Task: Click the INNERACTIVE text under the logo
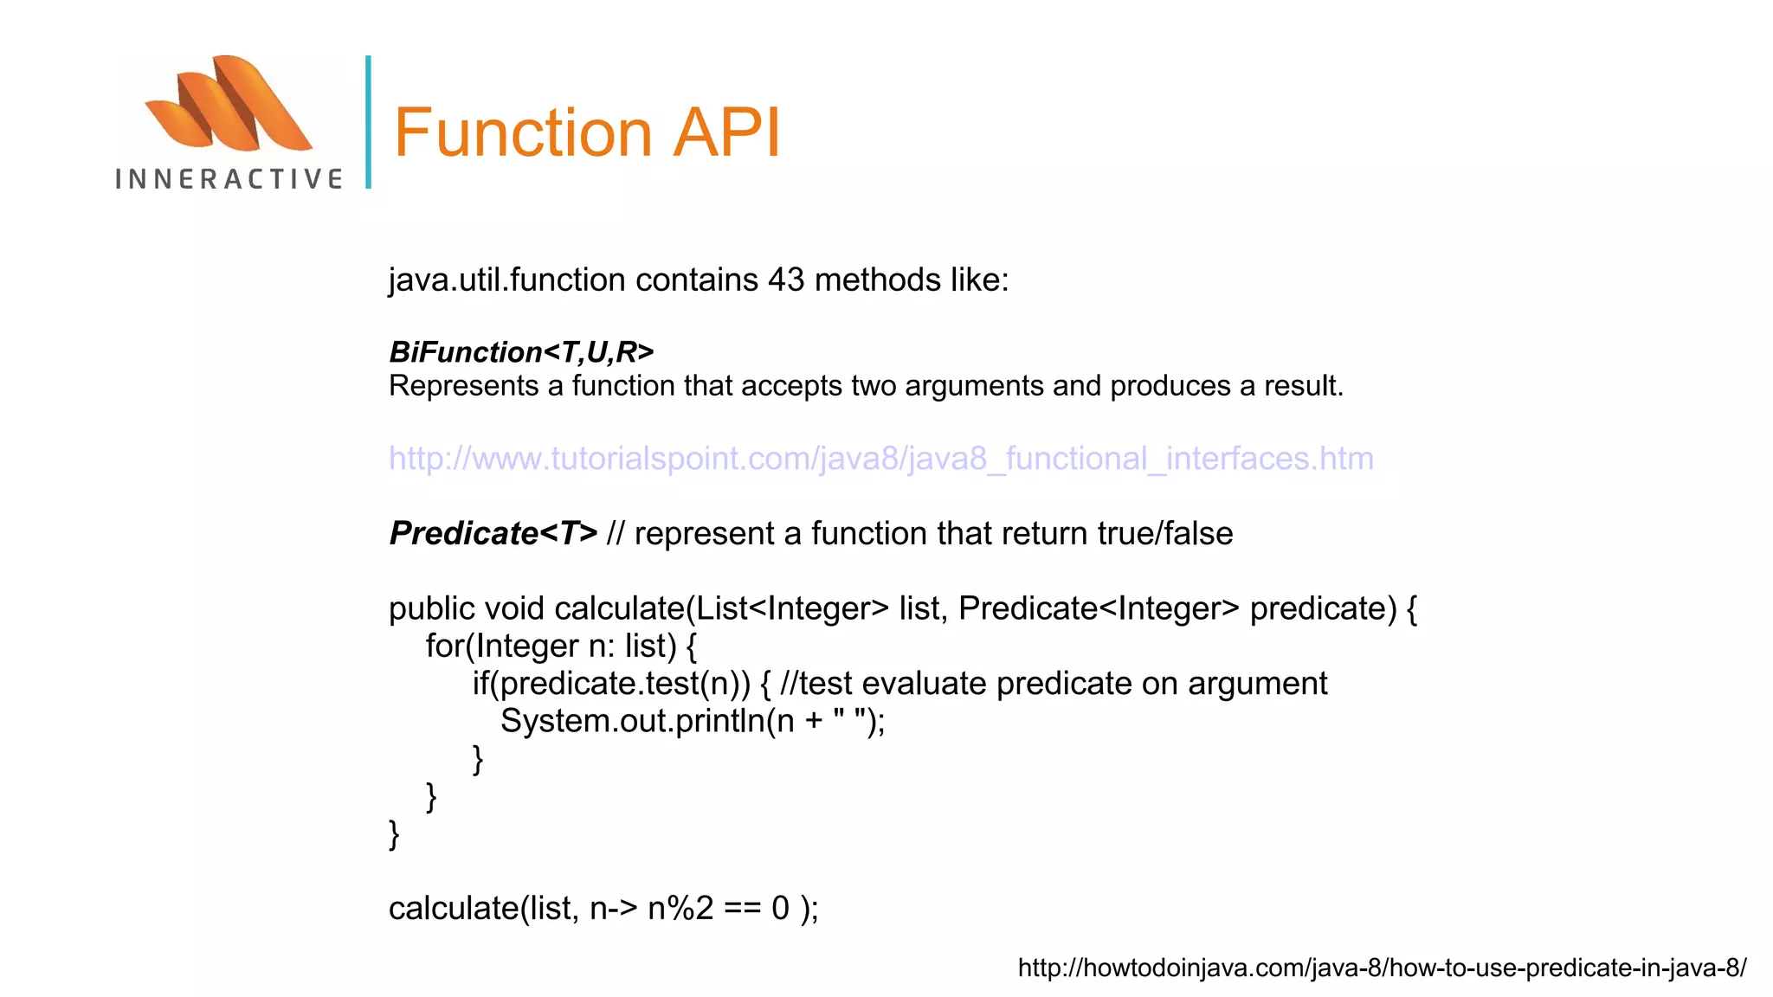229,179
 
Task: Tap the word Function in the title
523,132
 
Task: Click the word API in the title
727,132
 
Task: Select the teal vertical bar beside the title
369,122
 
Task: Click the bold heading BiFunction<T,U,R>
521,352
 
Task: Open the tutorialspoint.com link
880,458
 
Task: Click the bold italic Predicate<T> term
493,533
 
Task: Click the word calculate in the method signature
619,608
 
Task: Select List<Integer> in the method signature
792,608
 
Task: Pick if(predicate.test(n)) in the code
611,684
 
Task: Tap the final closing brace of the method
394,834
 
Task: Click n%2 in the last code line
680,908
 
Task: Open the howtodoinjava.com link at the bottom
1382,968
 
